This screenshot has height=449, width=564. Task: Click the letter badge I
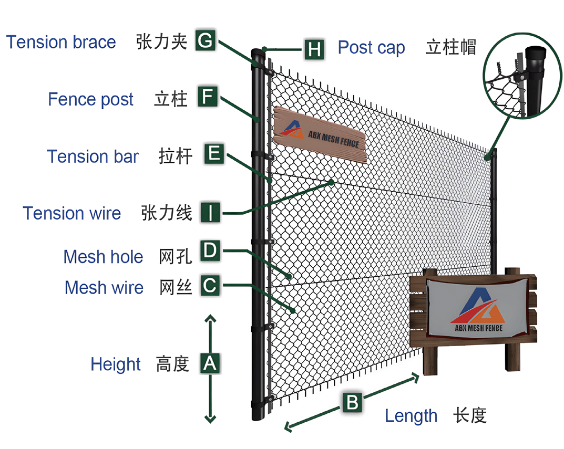coord(211,213)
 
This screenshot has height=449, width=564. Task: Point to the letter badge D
coord(210,251)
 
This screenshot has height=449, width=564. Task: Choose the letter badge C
coord(210,286)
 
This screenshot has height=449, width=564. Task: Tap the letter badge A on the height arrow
coord(210,363)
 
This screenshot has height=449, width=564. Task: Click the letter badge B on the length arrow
coord(352,403)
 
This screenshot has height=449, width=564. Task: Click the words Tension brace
coord(61,42)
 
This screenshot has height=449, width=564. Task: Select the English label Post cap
coord(371,48)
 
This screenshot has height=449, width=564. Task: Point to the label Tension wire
coord(72,213)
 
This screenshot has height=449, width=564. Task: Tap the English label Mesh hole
coord(103,257)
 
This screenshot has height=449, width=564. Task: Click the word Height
coord(116,364)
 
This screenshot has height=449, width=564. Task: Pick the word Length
coord(411,416)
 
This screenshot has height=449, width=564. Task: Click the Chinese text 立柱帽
coord(451,47)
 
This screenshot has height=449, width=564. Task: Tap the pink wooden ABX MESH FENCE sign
coord(320,134)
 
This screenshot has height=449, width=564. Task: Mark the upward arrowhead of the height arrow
coord(210,319)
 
